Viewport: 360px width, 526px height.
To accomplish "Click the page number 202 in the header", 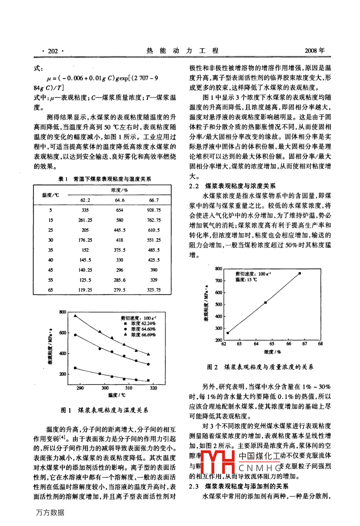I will [53, 51].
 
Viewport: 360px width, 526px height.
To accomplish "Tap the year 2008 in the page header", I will [314, 51].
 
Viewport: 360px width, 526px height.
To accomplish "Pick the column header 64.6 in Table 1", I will [119, 200].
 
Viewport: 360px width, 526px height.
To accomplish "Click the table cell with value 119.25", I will [85, 290].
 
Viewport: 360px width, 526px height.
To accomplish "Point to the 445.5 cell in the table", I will [119, 230].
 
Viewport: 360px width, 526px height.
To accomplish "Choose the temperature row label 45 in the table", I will [51, 270].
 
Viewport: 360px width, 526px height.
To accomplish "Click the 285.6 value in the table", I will [119, 280].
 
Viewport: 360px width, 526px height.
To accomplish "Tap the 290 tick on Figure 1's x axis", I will [80, 388].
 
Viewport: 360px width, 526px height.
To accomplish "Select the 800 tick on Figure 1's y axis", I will [63, 312].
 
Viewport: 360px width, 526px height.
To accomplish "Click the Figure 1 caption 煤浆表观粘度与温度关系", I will [113, 410].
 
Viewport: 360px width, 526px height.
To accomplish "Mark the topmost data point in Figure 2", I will [300, 273].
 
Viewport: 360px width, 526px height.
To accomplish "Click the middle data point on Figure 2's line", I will [265, 302].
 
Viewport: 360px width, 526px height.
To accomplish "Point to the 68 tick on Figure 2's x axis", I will [321, 343].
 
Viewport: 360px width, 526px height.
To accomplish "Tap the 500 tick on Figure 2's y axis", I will [219, 304].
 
